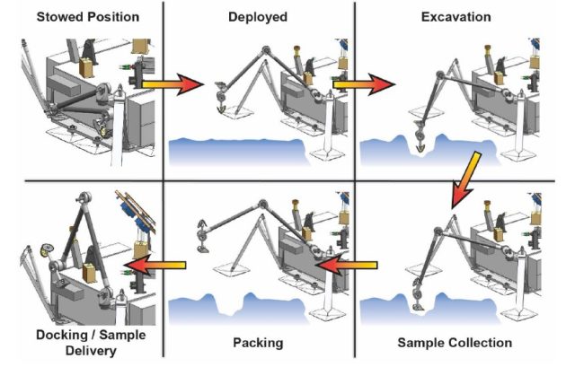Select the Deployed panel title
258,16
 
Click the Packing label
258,342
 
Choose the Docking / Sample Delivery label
84,343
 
